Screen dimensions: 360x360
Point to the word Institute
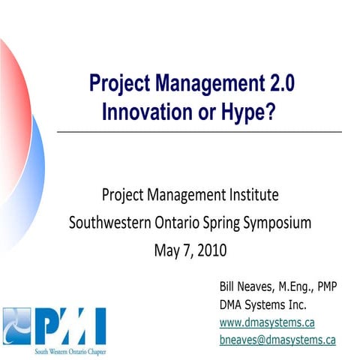(253, 196)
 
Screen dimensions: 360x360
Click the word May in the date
(167, 248)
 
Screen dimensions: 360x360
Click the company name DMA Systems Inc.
(262, 304)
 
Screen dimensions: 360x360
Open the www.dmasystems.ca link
(266, 322)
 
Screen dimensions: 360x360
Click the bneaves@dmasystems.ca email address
(277, 340)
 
